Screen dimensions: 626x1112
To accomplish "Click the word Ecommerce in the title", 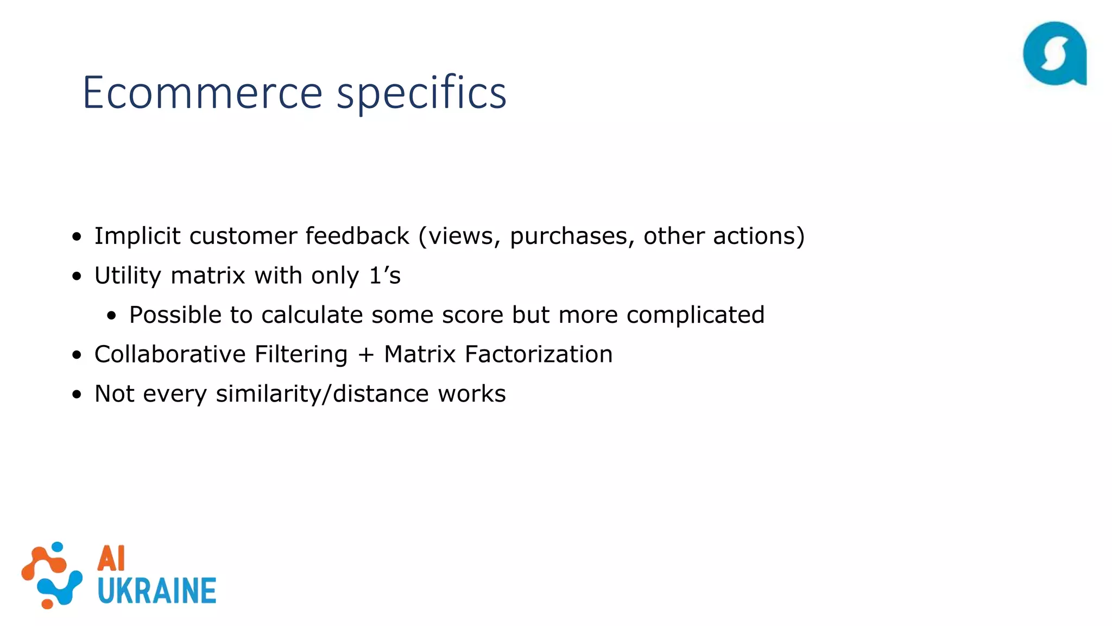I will (x=202, y=92).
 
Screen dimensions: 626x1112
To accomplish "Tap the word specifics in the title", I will (x=421, y=93).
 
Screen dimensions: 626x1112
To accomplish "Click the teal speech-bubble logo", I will (x=1054, y=54).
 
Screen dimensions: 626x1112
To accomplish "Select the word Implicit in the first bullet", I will (x=137, y=236).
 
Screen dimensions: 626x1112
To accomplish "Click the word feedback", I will (x=357, y=236).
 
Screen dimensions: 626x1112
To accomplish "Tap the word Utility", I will (x=128, y=276).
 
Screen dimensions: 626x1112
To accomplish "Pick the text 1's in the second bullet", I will (x=384, y=276).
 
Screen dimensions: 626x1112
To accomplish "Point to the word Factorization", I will (x=538, y=354).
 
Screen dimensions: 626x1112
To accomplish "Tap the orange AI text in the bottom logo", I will (x=111, y=558).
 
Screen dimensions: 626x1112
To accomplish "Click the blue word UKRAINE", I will (x=157, y=591).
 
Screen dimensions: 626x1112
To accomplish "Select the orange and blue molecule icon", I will (x=52, y=575).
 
